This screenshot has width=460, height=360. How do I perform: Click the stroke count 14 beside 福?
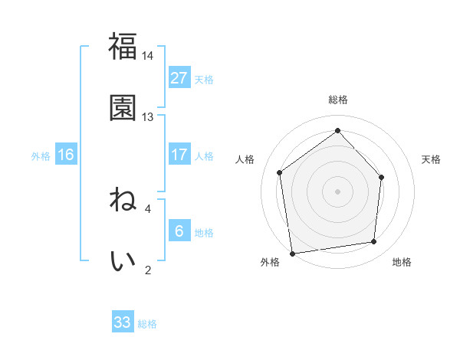pos(148,56)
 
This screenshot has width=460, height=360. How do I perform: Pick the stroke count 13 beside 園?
pos(148,117)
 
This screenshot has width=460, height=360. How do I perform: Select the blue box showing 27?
pos(179,78)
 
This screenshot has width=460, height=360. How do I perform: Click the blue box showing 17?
pos(179,155)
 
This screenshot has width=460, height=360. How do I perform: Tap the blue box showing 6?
pos(179,231)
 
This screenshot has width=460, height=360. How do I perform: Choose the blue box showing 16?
pos(65,155)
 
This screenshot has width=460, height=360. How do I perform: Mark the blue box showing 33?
pos(123,322)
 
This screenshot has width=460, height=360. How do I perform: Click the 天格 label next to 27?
pos(204,79)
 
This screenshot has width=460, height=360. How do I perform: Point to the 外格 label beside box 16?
pos(41,155)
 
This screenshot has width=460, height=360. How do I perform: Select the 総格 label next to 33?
pos(147,323)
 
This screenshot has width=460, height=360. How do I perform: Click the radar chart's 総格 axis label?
pos(337,100)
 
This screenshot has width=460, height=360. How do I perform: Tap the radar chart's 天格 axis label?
pos(431,159)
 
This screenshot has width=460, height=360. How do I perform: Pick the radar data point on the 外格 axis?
pos(292,253)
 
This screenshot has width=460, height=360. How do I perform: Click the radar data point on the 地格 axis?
pos(374,241)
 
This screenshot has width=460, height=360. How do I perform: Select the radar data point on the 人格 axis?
pos(280,172)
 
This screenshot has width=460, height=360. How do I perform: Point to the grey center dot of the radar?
pos(337,191)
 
